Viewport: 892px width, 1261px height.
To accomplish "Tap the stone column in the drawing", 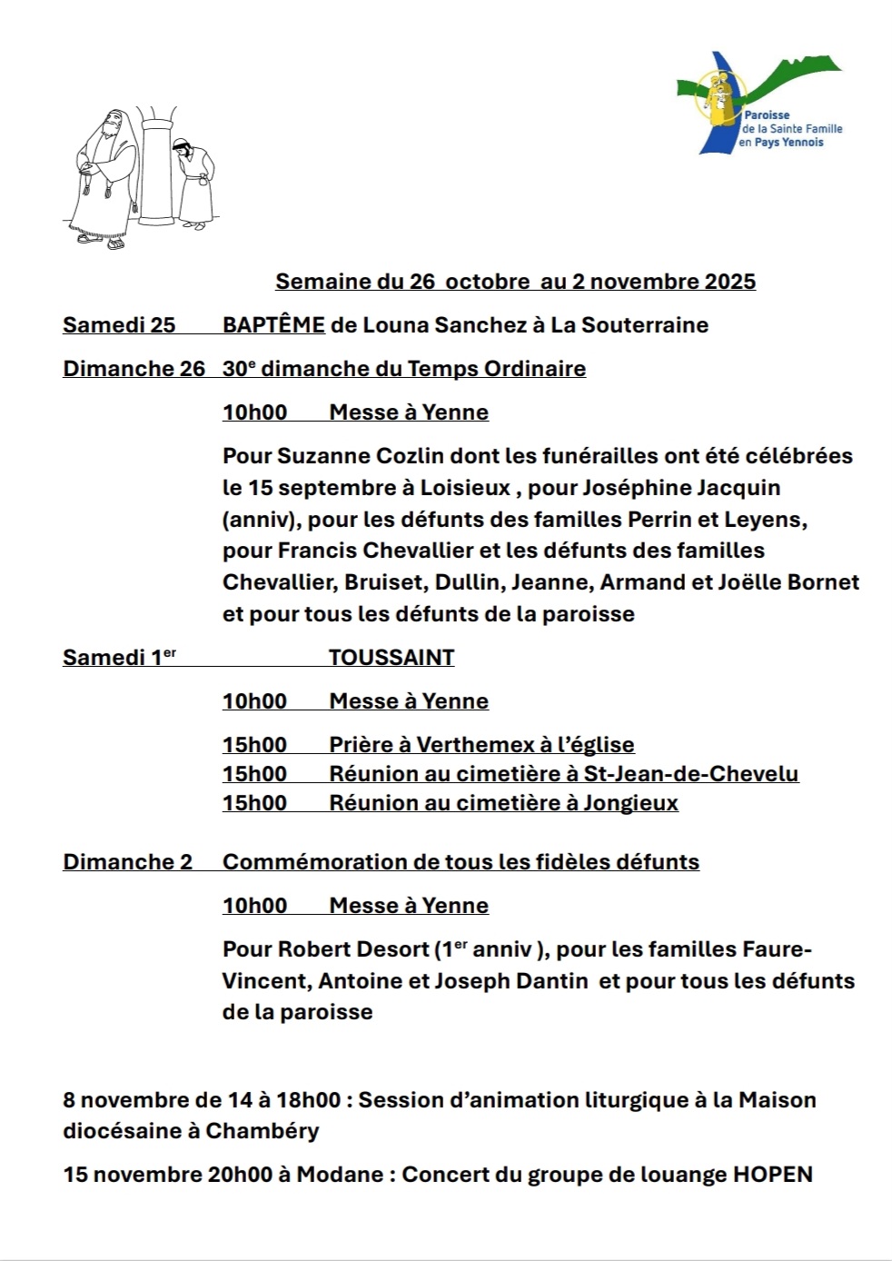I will pos(157,168).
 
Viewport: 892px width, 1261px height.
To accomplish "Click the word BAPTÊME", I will pos(273,325).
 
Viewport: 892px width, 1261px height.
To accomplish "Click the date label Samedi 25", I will pos(119,325).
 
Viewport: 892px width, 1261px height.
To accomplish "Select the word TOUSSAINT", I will pos(391,658).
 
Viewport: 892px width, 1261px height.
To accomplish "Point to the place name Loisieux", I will pos(465,488).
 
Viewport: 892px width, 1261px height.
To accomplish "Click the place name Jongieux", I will pos(630,803).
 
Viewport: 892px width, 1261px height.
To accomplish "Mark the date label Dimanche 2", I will pos(127,862).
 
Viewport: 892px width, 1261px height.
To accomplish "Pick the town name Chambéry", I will pos(263,1132).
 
